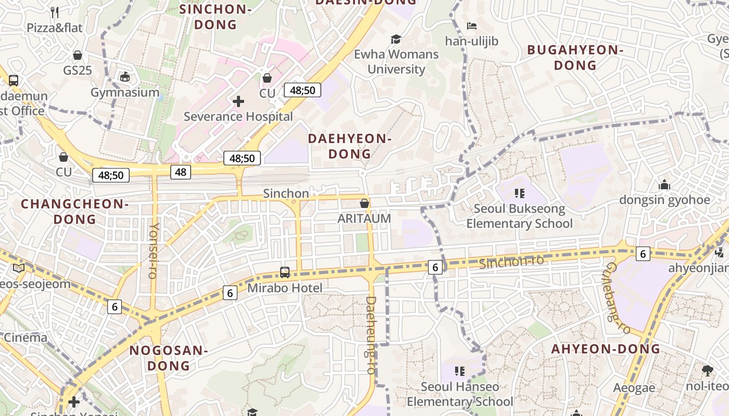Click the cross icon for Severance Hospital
238,101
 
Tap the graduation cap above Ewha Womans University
396,40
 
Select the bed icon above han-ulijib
472,26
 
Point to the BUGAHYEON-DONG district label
575,58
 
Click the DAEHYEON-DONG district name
349,146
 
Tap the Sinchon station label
286,193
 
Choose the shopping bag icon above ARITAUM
364,203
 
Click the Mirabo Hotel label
285,288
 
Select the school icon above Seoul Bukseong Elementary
519,193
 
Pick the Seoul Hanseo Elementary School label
460,394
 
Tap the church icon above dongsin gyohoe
664,185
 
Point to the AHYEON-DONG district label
606,349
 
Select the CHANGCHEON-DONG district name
74,211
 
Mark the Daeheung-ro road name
371,335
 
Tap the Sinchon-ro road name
511,262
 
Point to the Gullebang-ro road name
618,298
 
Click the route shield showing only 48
181,172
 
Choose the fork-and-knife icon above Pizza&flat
55,12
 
